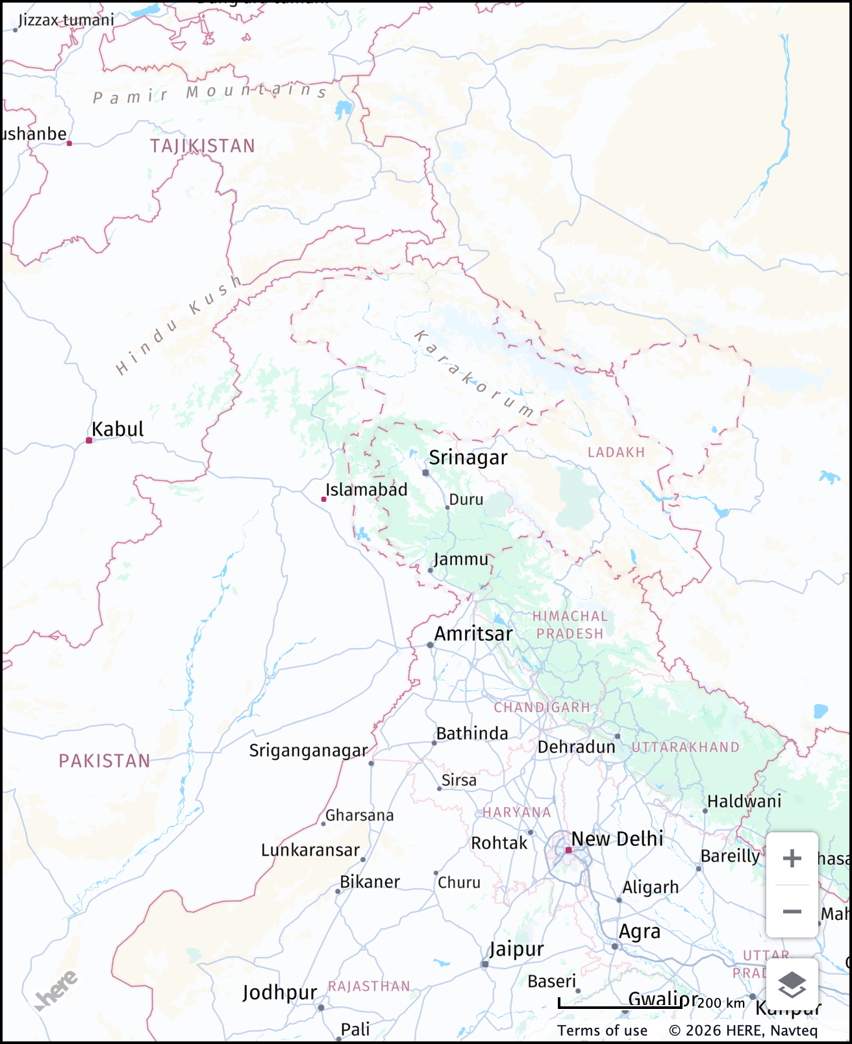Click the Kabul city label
coord(118,429)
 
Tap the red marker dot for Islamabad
coord(323,499)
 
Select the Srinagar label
coord(468,458)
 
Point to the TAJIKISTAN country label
coord(202,146)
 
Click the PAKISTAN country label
coord(105,761)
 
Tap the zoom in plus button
coord(792,859)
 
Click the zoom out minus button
coord(792,912)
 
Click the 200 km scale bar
coord(620,1005)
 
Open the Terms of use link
coord(602,1031)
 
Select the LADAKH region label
coord(616,453)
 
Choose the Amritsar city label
coord(473,634)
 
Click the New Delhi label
coord(617,839)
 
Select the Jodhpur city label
coord(279,993)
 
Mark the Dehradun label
coord(576,747)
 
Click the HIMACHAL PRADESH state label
coord(570,625)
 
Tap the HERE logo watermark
coord(56,991)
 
